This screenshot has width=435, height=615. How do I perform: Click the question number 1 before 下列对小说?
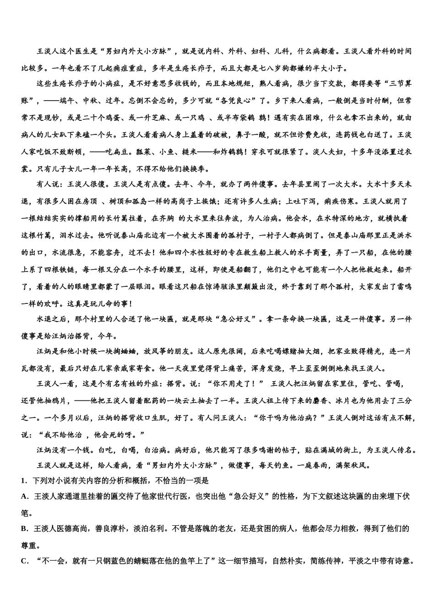click(x=23, y=480)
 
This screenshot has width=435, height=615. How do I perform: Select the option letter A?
click(x=24, y=496)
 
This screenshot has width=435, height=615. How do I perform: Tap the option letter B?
click(x=24, y=529)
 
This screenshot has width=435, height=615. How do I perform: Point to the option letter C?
click(x=24, y=561)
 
